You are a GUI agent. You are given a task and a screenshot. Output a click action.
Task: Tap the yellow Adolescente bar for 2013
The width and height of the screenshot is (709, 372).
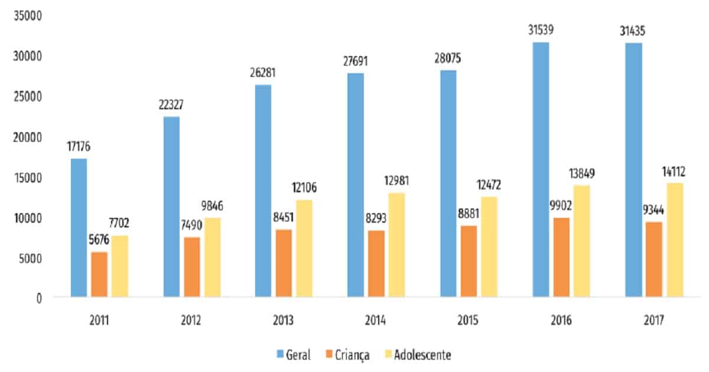click(304, 248)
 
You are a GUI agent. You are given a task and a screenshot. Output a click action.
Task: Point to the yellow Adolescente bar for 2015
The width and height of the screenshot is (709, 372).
click(489, 246)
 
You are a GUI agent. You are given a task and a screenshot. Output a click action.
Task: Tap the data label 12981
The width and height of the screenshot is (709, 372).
click(396, 181)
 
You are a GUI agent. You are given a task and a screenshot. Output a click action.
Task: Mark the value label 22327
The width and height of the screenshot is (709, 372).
click(171, 105)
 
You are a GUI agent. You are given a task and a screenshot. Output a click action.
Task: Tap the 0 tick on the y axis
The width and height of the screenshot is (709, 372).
click(38, 298)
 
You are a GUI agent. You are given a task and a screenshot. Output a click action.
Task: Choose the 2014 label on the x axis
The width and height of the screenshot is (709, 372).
click(376, 321)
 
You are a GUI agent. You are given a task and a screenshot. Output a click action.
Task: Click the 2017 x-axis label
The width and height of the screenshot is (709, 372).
click(653, 321)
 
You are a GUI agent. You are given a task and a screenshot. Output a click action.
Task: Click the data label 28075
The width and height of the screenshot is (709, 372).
click(448, 58)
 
